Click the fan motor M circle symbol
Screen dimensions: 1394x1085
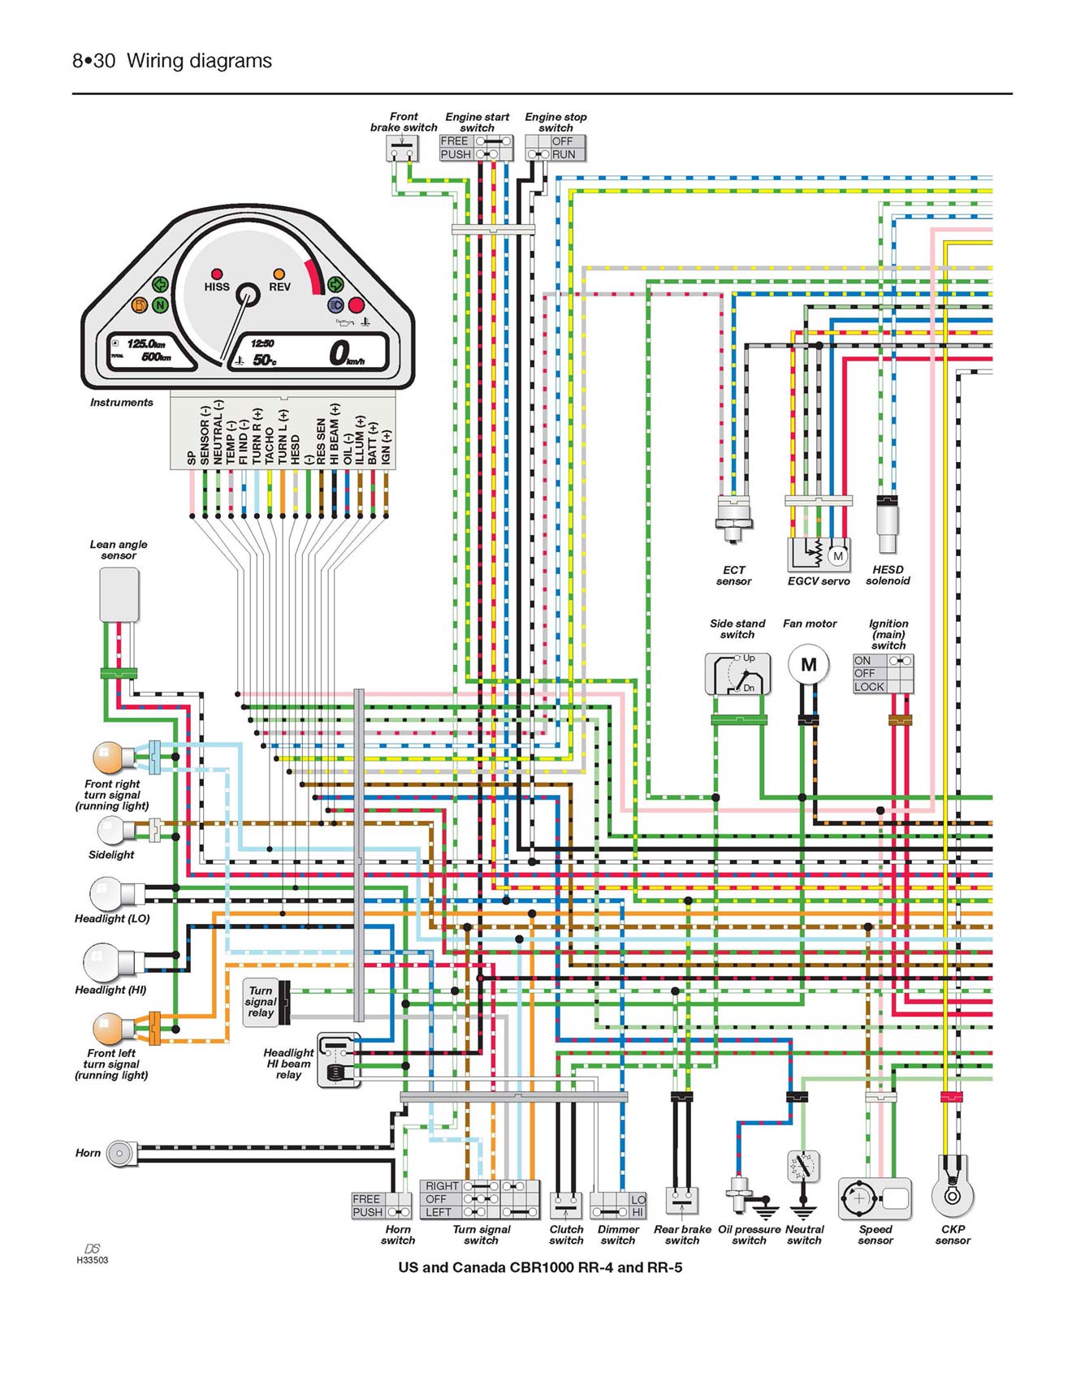click(808, 665)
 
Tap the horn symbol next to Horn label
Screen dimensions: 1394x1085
click(121, 1153)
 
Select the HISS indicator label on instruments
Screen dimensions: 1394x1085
click(217, 287)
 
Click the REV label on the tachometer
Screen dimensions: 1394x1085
click(279, 287)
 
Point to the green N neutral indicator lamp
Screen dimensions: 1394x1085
click(160, 305)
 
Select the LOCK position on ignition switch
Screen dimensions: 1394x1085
click(869, 687)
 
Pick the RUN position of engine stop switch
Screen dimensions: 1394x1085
click(564, 154)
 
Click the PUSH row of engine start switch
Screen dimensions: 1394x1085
click(456, 154)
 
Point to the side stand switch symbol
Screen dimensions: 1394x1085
click(737, 674)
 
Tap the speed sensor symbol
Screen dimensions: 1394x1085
click(875, 1198)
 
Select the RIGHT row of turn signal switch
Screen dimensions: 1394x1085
click(442, 1186)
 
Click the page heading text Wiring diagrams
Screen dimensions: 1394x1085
click(199, 61)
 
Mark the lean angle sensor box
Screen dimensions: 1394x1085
click(119, 594)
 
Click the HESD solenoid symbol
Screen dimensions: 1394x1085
click(887, 526)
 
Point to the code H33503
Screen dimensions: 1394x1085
click(92, 1260)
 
